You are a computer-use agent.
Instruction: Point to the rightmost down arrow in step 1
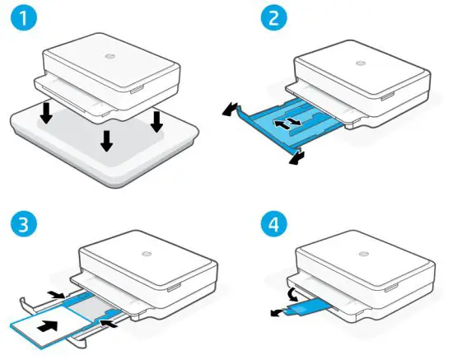point(156,121)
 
